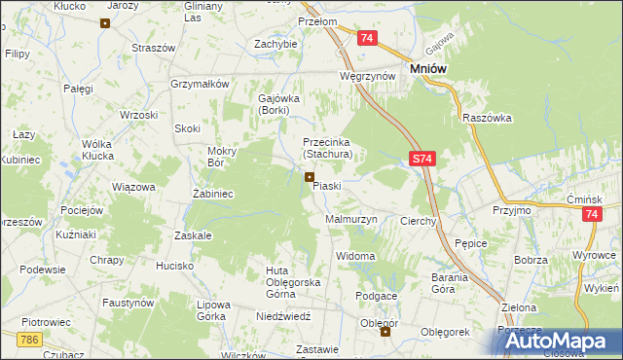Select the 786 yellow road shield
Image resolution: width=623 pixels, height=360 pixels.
[29, 339]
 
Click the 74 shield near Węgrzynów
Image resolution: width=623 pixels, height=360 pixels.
[366, 38]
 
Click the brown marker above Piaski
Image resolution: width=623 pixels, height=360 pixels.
[310, 176]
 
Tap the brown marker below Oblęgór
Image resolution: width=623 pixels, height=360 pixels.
[385, 332]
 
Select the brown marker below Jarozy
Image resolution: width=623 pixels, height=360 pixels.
[104, 21]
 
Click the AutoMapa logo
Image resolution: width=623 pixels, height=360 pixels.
[564, 341]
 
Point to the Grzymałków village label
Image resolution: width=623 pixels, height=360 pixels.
[199, 84]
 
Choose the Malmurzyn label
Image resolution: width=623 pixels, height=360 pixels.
[349, 221]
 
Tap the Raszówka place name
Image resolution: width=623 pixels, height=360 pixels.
[488, 118]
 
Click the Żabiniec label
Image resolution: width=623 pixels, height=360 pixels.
[211, 194]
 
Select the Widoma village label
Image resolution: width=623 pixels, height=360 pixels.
[354, 256]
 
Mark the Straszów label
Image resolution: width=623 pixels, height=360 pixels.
[153, 48]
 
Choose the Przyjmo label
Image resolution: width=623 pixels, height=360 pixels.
[511, 209]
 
